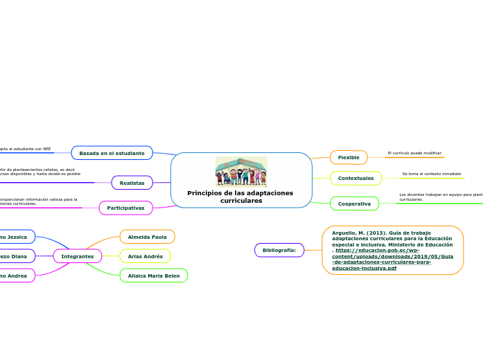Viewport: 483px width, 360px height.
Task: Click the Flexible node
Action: click(x=349, y=157)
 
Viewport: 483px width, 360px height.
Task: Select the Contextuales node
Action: click(x=355, y=178)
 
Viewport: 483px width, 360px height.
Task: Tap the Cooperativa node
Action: click(x=354, y=204)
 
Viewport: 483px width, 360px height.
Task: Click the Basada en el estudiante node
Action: click(x=112, y=152)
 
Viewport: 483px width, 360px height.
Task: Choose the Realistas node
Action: click(x=132, y=183)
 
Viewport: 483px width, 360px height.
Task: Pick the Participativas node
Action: click(x=125, y=208)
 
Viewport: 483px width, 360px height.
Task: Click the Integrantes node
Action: click(x=78, y=256)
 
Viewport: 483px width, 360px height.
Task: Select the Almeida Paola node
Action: click(x=147, y=237)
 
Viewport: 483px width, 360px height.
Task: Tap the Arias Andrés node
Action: click(x=145, y=256)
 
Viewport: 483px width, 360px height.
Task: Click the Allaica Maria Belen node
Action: click(x=153, y=276)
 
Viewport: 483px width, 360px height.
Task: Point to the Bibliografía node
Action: click(x=279, y=250)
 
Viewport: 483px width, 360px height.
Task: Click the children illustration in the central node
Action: click(x=240, y=171)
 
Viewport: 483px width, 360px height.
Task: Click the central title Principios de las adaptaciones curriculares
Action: click(x=240, y=197)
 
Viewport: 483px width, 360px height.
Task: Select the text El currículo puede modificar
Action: click(x=414, y=153)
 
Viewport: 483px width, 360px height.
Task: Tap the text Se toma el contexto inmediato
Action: click(x=431, y=174)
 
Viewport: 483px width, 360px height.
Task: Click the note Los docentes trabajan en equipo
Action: click(x=441, y=197)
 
